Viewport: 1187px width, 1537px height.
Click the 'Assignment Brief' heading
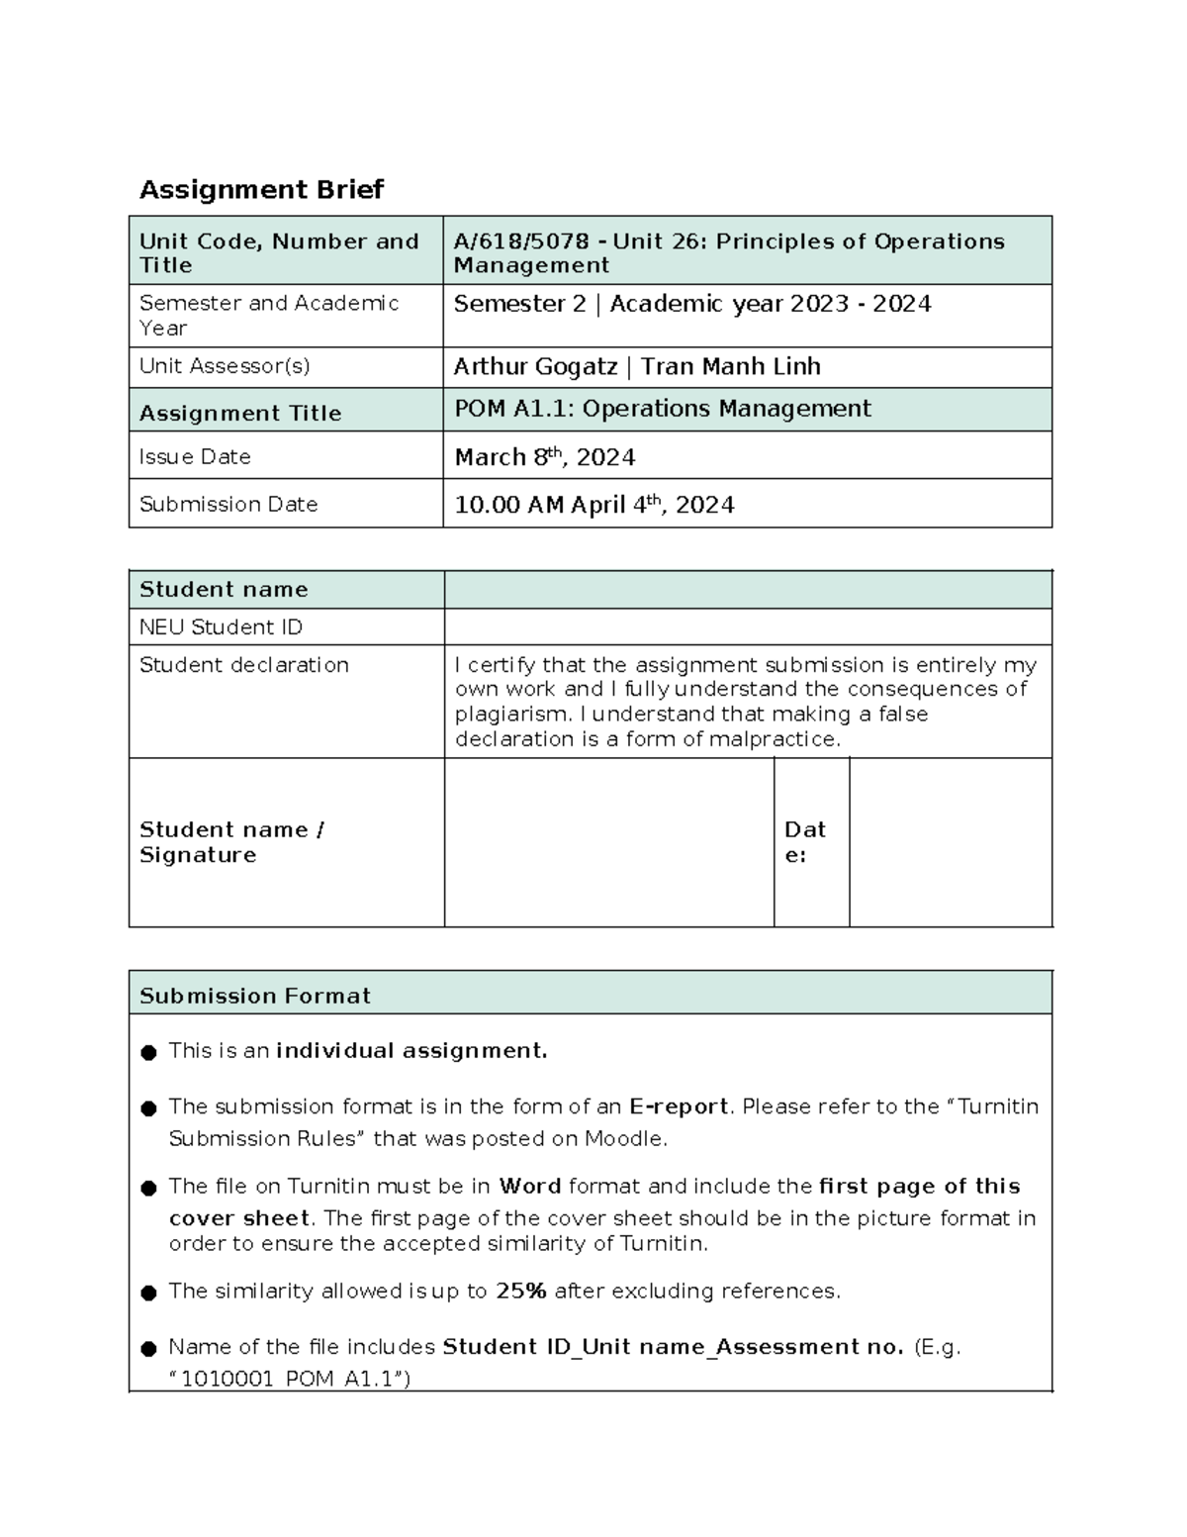point(261,189)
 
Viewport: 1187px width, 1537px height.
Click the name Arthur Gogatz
point(535,366)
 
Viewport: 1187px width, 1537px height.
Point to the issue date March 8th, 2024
point(544,457)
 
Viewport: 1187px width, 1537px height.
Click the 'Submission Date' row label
point(228,504)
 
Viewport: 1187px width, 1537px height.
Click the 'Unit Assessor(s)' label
point(225,366)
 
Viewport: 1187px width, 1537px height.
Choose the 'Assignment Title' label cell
point(240,413)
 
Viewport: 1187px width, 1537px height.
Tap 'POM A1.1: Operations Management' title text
point(662,409)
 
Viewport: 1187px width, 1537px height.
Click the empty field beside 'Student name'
point(747,590)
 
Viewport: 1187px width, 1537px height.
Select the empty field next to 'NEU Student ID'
point(747,627)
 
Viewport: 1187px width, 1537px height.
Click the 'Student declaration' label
point(244,665)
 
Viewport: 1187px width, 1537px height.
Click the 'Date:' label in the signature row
point(805,842)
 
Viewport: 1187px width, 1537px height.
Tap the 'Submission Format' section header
point(255,996)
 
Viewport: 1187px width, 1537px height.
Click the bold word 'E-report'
point(679,1106)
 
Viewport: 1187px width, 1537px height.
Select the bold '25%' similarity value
point(521,1291)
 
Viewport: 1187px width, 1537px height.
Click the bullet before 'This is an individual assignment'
point(149,1052)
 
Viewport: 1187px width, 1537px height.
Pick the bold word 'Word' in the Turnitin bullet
point(530,1186)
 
